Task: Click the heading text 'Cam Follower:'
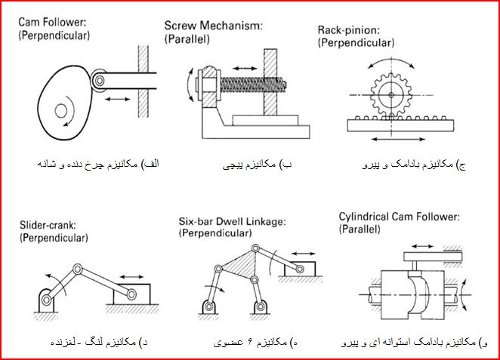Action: (52, 22)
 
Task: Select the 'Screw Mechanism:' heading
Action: (213, 26)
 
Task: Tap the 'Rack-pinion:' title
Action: (349, 30)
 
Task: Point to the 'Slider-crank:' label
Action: (48, 225)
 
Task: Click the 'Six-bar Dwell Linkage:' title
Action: (232, 221)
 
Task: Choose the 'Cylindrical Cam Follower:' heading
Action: (400, 217)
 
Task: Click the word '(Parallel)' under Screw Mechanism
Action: (187, 38)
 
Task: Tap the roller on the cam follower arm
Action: (100, 80)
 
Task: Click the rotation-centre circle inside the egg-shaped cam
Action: (60, 111)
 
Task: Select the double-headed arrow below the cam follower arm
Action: (117, 99)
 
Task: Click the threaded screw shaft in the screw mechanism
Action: (252, 85)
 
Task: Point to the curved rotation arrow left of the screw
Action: (189, 85)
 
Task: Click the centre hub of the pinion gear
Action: (391, 94)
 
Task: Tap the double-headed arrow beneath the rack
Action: (399, 139)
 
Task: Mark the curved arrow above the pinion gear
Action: (391, 61)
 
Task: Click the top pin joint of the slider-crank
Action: (78, 269)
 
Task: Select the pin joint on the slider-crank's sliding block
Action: (131, 294)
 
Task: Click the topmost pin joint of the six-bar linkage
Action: (255, 249)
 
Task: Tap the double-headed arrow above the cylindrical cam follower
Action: (422, 246)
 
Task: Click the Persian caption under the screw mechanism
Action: (257, 165)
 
